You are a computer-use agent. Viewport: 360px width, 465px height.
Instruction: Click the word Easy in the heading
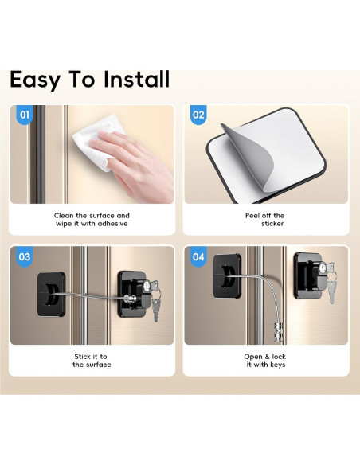(35, 80)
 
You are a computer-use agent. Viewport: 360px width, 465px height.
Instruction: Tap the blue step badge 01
(25, 115)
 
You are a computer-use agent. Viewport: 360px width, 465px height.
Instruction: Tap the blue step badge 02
(199, 115)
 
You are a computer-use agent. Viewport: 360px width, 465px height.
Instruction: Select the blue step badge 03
(25, 257)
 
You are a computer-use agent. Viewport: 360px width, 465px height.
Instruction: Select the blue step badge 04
(199, 257)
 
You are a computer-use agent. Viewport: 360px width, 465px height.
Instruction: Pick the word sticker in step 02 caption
(272, 224)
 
